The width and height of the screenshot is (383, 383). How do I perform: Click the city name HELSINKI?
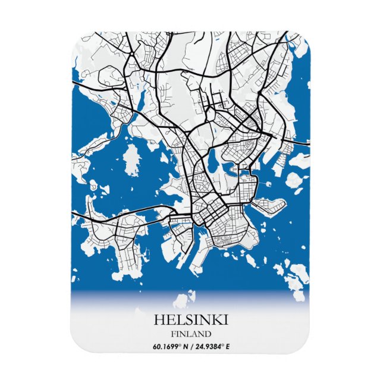click(190, 320)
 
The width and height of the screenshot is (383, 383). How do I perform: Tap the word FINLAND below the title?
click(190, 333)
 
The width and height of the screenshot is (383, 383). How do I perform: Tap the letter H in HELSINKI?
click(159, 320)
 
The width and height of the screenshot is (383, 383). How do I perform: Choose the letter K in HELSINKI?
click(216, 320)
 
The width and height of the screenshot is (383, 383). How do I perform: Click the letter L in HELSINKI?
click(177, 320)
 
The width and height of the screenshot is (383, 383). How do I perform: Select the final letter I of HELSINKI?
click(225, 320)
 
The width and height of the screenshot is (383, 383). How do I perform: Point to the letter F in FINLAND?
click(171, 333)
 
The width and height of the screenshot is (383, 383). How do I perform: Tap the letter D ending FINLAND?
click(209, 333)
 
